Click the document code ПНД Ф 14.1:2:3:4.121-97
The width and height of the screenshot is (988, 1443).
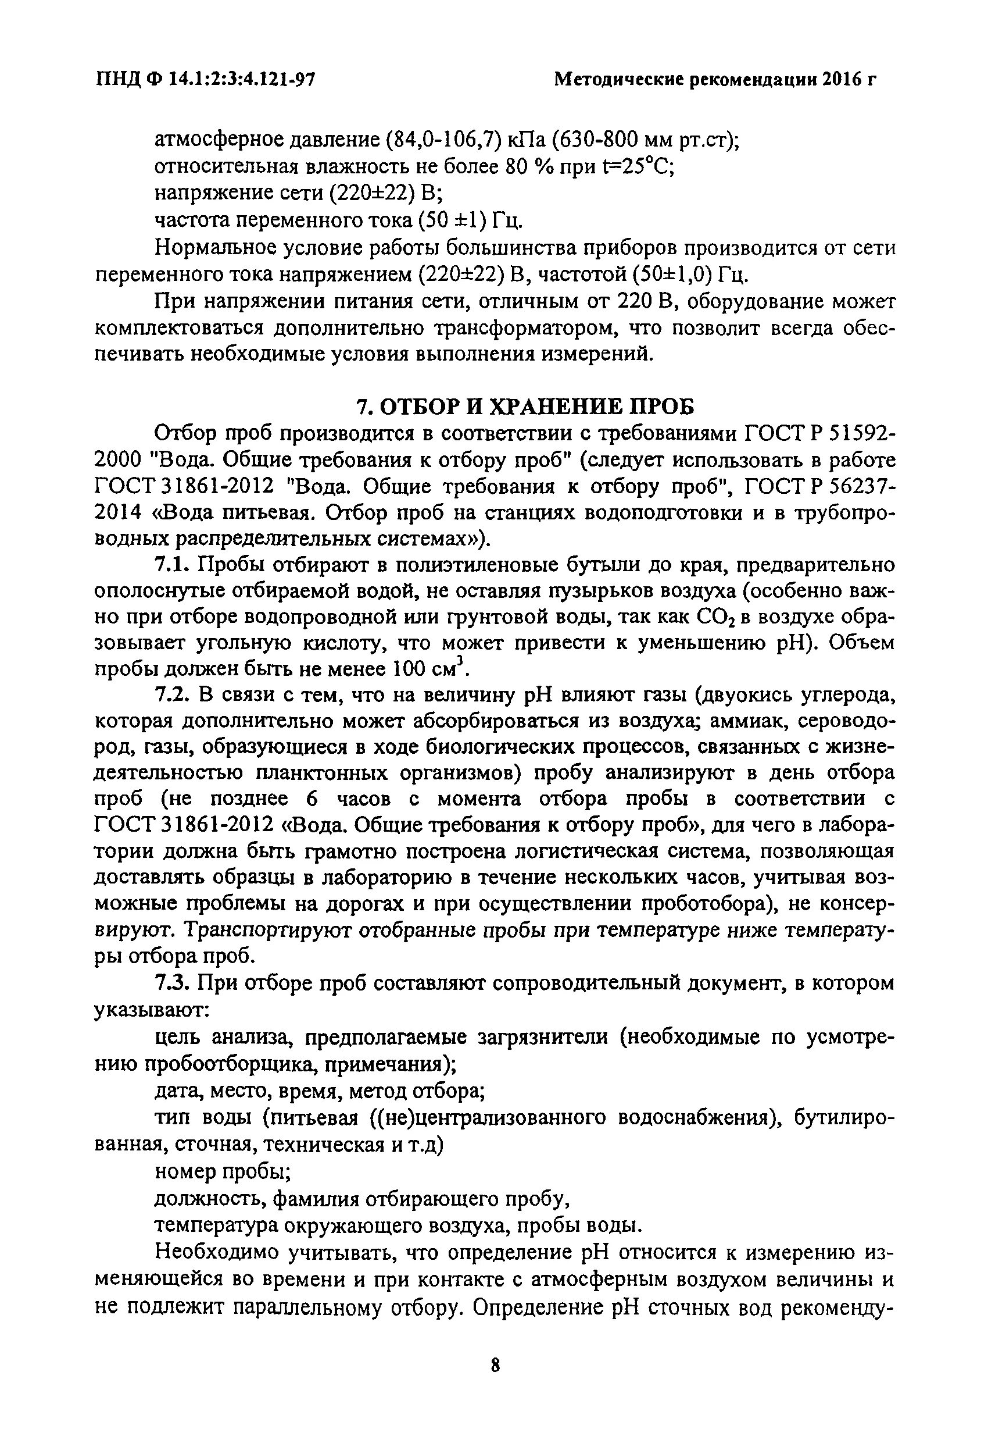(205, 80)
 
